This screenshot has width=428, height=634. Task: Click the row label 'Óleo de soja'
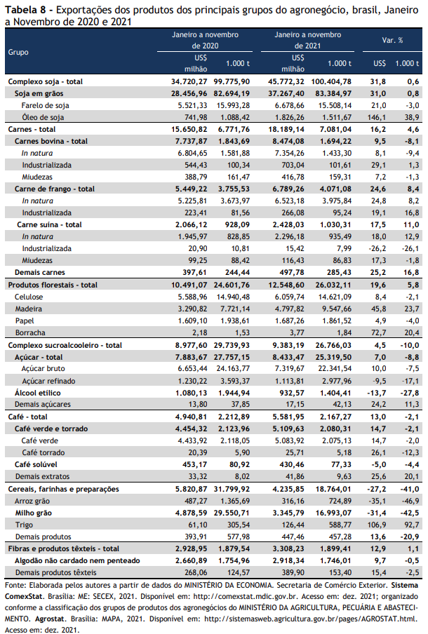pos(43,117)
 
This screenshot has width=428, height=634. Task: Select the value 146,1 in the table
pos(378,117)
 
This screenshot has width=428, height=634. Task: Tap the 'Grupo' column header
pos(18,52)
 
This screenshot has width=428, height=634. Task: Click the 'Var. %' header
pos(392,40)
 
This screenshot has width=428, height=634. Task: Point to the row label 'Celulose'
pos(29,297)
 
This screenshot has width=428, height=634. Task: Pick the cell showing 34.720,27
pos(189,81)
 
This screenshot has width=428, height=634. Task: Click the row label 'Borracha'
pos(30,332)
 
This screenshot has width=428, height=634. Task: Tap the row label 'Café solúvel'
pos(36,464)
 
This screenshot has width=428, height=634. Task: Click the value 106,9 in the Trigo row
pos(378,525)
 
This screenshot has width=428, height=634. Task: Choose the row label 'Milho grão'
pos(34,513)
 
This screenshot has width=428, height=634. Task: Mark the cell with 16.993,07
pos(334,513)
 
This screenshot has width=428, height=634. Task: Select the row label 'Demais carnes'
pos(40,273)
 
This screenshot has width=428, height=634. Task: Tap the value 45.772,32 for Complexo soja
pos(286,81)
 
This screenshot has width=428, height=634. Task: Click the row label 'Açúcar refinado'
pos(48,381)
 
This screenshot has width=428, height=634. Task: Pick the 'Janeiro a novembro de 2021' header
pos(307,40)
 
